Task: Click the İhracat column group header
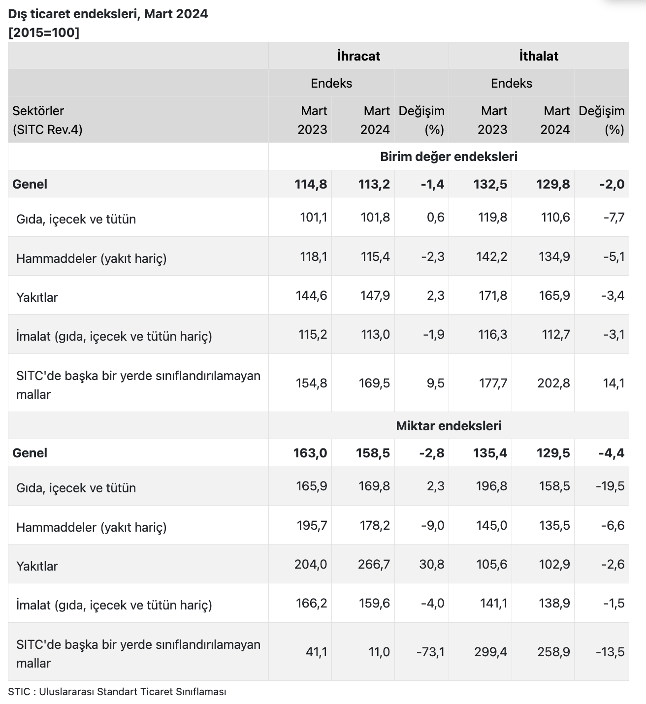(358, 56)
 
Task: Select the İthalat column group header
(539, 56)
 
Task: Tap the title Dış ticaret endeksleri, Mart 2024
(108, 14)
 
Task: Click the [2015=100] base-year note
(44, 32)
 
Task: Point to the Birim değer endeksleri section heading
(449, 157)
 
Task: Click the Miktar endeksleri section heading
(449, 426)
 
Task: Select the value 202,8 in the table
(553, 383)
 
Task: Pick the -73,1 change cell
(430, 652)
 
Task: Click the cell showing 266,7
(374, 564)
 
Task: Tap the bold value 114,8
(311, 184)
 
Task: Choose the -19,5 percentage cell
(610, 486)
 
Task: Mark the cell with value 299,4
(491, 652)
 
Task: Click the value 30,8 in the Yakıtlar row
(432, 564)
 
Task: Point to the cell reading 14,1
(614, 383)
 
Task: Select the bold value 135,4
(490, 453)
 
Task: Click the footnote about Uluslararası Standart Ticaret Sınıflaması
(117, 691)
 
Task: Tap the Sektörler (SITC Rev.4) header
(47, 120)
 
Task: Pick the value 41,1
(316, 652)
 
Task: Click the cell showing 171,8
(493, 295)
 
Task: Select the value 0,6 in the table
(436, 217)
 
